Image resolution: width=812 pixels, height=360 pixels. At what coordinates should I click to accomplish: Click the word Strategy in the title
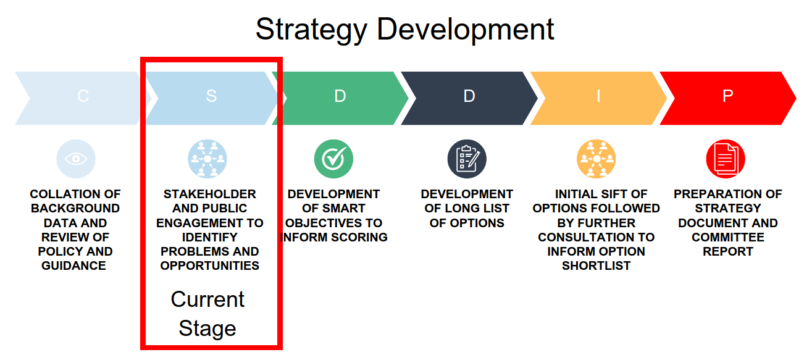(312, 30)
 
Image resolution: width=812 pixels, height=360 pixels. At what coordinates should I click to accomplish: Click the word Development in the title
(466, 30)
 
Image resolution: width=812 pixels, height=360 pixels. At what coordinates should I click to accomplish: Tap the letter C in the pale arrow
(83, 96)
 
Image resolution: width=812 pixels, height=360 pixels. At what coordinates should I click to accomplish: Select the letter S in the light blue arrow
(211, 96)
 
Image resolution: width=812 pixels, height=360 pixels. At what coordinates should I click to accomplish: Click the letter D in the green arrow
(340, 96)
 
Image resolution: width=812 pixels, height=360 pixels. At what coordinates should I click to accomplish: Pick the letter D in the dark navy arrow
(469, 96)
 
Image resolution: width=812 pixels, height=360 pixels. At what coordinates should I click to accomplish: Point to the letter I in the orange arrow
(598, 96)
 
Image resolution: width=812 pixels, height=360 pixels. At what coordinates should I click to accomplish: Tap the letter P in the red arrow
(727, 96)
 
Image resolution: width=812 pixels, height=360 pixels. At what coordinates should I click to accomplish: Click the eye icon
(76, 159)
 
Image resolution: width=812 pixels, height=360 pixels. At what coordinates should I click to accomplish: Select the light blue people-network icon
(207, 159)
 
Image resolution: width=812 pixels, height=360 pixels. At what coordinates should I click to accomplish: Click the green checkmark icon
(333, 159)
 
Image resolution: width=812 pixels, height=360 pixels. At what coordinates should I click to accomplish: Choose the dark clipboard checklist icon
(467, 159)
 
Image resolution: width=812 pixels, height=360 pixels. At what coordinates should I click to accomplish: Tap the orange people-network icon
(596, 159)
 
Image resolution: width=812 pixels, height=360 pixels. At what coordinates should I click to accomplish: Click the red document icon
(726, 159)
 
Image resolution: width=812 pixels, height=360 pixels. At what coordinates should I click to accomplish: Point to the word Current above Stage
(207, 299)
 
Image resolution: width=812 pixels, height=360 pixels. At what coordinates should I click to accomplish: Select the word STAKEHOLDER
(210, 195)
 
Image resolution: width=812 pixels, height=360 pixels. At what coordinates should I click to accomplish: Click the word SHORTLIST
(596, 266)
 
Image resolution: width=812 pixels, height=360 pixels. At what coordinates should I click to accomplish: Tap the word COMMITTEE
(728, 237)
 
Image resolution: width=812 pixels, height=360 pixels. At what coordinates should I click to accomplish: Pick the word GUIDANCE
(73, 266)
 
